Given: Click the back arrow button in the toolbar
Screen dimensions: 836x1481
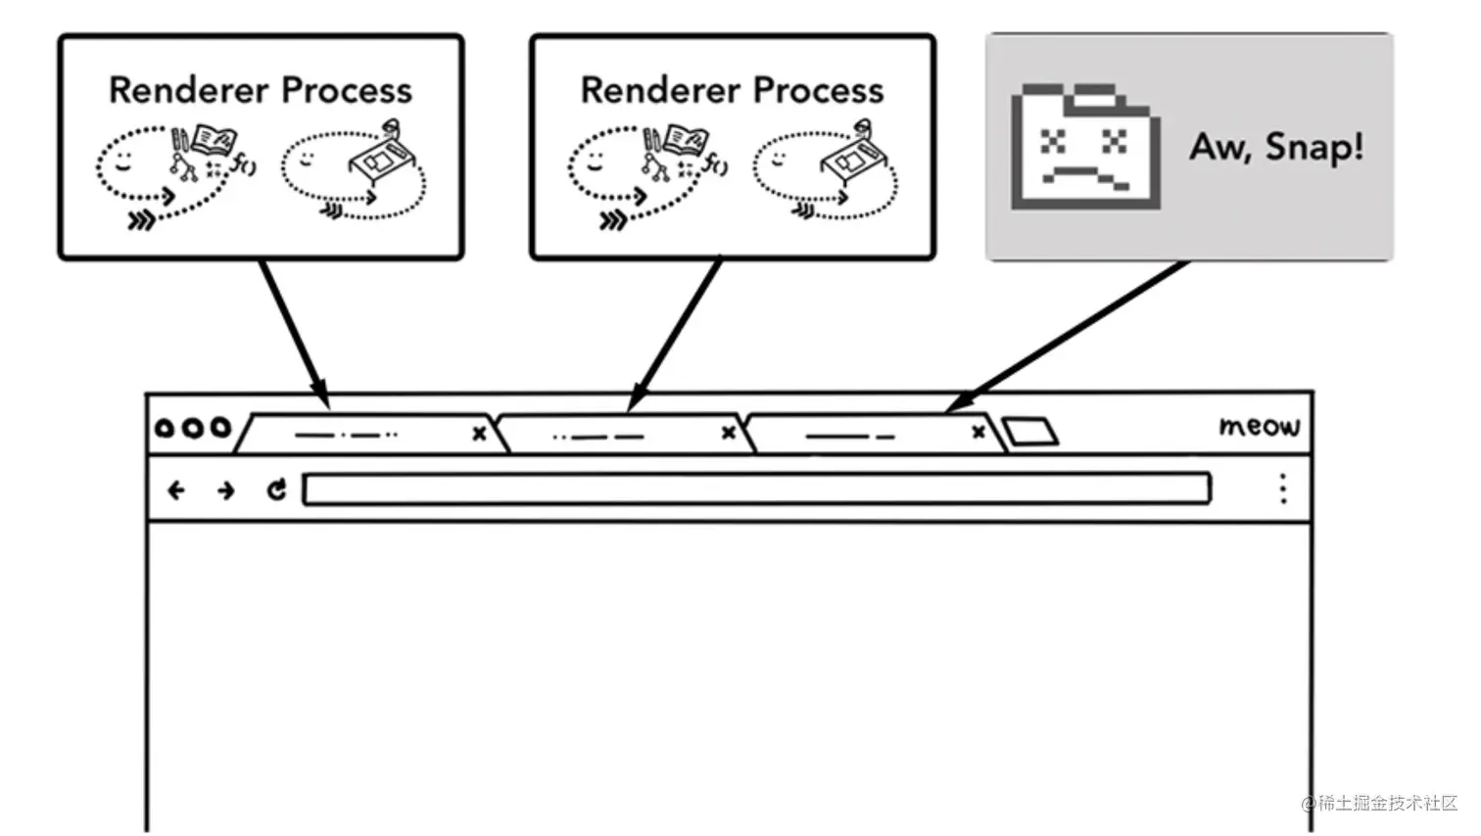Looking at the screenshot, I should tap(176, 489).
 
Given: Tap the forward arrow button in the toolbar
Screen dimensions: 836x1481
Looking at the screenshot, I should tap(226, 489).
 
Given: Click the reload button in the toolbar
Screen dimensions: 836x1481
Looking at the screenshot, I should tap(277, 489).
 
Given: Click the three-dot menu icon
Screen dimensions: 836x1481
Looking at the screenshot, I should tap(1283, 488).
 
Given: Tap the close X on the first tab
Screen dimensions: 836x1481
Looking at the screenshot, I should tap(479, 433).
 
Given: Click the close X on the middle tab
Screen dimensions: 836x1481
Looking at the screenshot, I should tap(728, 432).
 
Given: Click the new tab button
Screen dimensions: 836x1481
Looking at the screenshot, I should tap(1030, 432).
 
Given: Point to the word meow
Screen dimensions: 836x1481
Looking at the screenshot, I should tap(1260, 426).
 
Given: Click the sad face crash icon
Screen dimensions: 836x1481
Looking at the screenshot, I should tap(1085, 147).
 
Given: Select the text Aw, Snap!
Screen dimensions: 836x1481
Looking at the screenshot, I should tap(1276, 147).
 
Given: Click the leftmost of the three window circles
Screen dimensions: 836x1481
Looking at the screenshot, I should tap(165, 428).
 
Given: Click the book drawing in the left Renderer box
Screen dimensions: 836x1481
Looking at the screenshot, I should tap(214, 139).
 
